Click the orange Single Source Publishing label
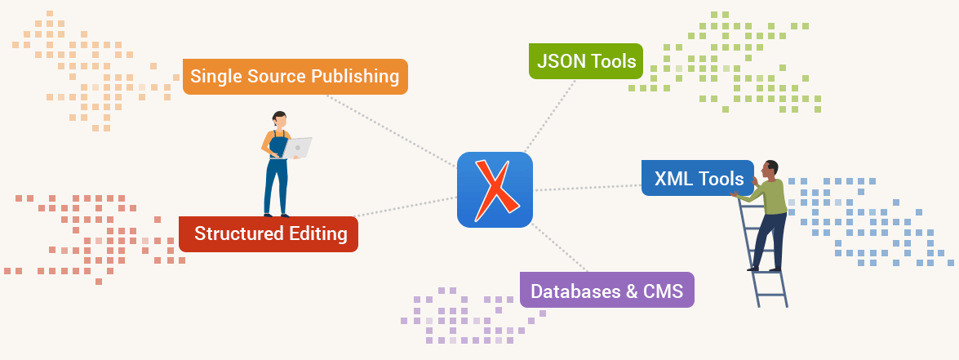295,77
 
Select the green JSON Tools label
586,61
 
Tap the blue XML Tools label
698,178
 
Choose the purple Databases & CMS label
606,290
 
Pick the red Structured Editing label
269,234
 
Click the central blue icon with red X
495,189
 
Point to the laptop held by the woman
297,148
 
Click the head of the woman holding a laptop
279,119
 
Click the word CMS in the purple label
663,291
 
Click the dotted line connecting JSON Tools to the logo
550,116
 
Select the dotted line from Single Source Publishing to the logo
391,131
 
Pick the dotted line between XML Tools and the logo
588,188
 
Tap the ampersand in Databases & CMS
632,291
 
